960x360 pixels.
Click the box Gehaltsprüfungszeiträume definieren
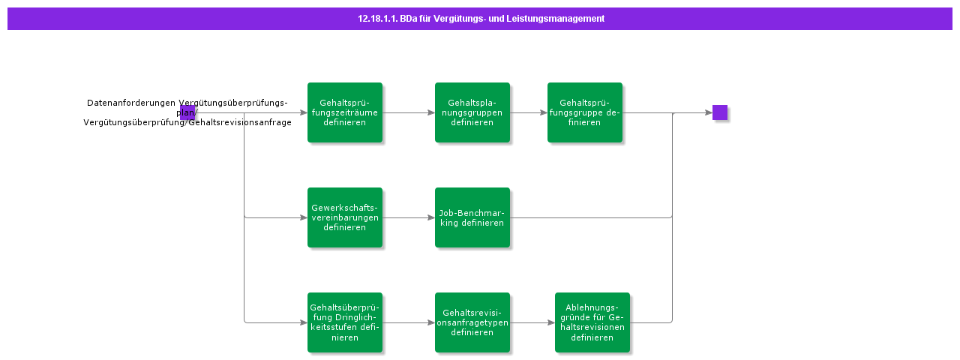pyautogui.click(x=345, y=112)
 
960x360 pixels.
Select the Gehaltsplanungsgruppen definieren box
pyautogui.click(x=472, y=112)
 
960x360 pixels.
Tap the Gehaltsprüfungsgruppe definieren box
pyautogui.click(x=585, y=112)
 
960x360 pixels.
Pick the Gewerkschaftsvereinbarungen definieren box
pyautogui.click(x=345, y=217)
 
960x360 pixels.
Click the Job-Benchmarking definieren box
pyautogui.click(x=472, y=217)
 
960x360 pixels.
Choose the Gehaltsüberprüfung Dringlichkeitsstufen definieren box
pyautogui.click(x=345, y=322)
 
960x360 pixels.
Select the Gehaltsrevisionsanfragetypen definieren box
pyautogui.click(x=472, y=322)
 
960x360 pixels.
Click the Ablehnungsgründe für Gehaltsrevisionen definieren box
pyautogui.click(x=592, y=322)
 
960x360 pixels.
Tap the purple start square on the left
pyautogui.click(x=187, y=112)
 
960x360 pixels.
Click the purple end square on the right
pyautogui.click(x=720, y=112)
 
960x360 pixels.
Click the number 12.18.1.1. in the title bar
pyautogui.click(x=377, y=19)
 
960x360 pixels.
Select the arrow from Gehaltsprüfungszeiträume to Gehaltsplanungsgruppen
pyautogui.click(x=409, y=112)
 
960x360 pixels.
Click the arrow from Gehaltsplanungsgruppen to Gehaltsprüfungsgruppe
pyautogui.click(x=529, y=112)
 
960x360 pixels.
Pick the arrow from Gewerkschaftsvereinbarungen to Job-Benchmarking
pyautogui.click(x=409, y=217)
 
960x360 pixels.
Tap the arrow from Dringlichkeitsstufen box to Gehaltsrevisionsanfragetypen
pyautogui.click(x=409, y=322)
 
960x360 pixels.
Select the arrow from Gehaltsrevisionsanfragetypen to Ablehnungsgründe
pyautogui.click(x=532, y=322)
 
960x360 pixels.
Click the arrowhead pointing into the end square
pyautogui.click(x=708, y=112)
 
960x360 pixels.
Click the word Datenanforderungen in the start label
pyautogui.click(x=131, y=103)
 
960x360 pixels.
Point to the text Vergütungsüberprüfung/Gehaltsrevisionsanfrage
pyautogui.click(x=187, y=122)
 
